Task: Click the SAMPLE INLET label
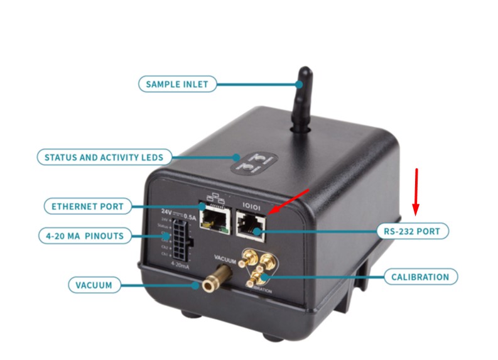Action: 177,84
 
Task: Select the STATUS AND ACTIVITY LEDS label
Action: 104,157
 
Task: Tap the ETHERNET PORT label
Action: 88,205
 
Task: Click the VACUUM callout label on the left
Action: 94,285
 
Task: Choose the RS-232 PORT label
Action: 416,232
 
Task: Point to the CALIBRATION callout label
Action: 420,277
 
